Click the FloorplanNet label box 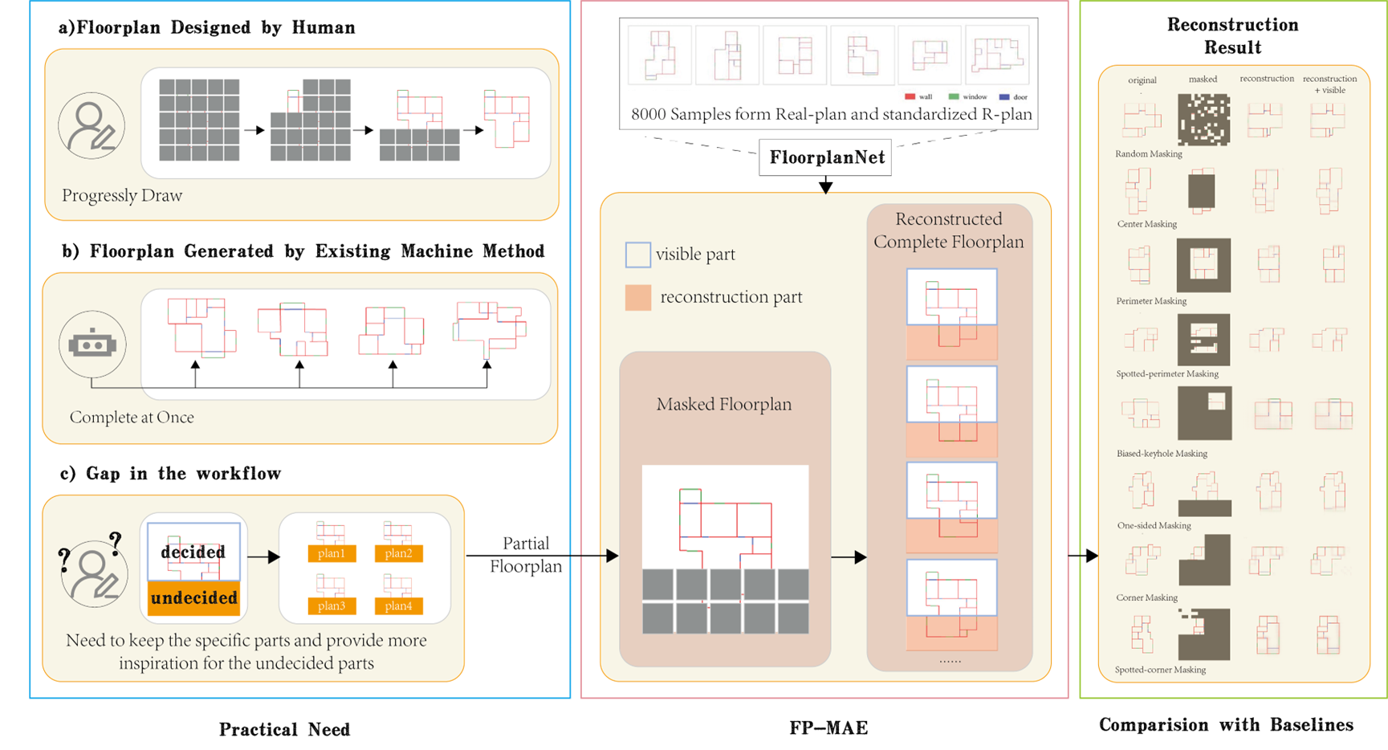point(827,157)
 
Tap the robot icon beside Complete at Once point(92,344)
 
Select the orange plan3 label point(331,605)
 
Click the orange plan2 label point(398,553)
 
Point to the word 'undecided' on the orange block point(194,598)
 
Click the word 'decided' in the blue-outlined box point(193,552)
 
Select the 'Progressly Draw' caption point(122,195)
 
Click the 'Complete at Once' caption point(132,417)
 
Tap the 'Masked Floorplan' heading point(724,404)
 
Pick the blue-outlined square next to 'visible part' point(637,255)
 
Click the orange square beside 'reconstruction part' point(637,297)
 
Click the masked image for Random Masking point(1203,120)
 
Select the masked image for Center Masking point(1202,191)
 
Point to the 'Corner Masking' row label point(1146,597)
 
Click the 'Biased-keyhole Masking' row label point(1162,453)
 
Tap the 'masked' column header point(1203,79)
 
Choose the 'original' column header point(1142,80)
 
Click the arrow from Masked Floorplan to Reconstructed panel point(849,556)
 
